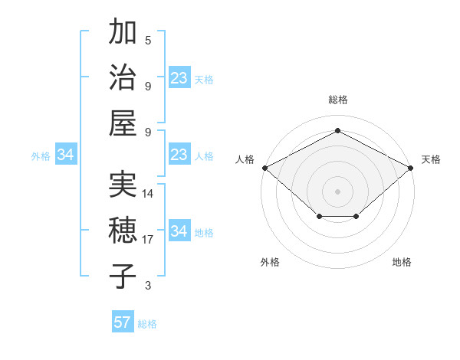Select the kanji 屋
point(123,123)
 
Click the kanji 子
point(123,276)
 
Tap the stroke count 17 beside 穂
point(148,240)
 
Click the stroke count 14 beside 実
point(148,194)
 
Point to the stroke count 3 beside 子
point(148,286)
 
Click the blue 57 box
point(123,322)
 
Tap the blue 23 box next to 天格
point(179,78)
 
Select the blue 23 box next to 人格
point(179,155)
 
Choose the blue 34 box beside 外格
point(66,155)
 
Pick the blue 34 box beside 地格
point(179,231)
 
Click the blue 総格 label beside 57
point(147,324)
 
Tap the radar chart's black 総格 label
point(337,100)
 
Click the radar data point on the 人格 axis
point(264,167)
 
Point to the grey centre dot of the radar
point(337,191)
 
